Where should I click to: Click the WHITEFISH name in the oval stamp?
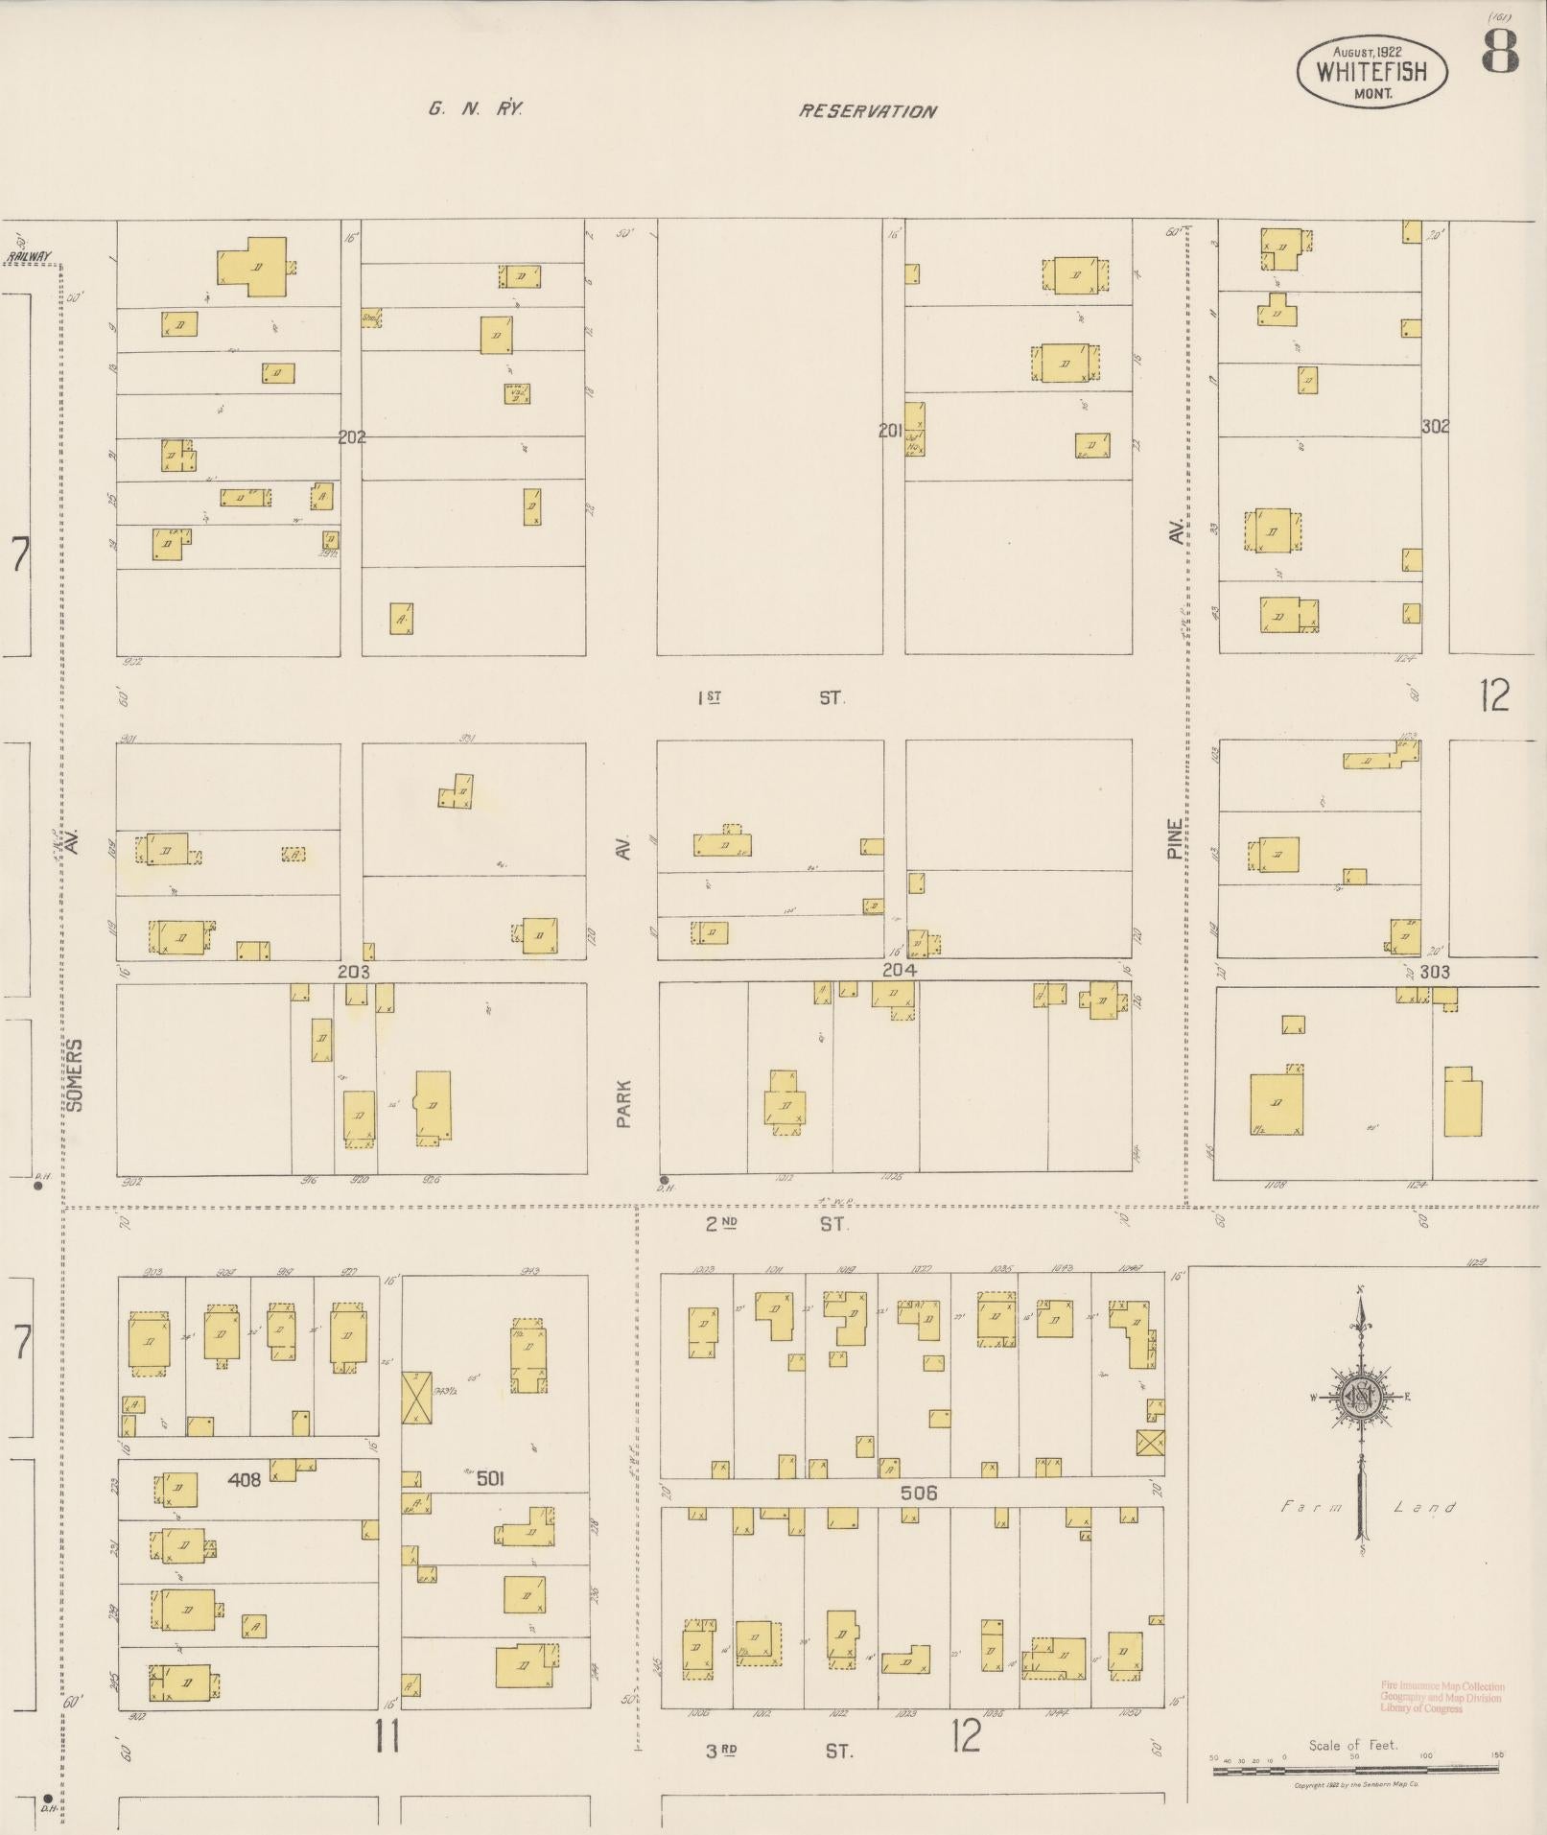tap(1371, 72)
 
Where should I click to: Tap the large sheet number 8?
tap(1500, 51)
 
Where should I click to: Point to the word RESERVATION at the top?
tap(868, 111)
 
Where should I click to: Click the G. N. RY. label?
tap(475, 109)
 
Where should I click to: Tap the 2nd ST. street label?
tap(777, 1224)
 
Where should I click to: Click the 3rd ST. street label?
tap(779, 1751)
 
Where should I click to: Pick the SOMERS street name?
tap(77, 1074)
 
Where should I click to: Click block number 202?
tap(352, 436)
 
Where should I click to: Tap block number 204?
tap(899, 970)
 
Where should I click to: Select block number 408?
tap(244, 1480)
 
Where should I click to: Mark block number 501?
tap(489, 1478)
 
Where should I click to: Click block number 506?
tap(918, 1493)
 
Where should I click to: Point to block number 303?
tap(1435, 972)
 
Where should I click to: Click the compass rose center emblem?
tap(1360, 1398)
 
